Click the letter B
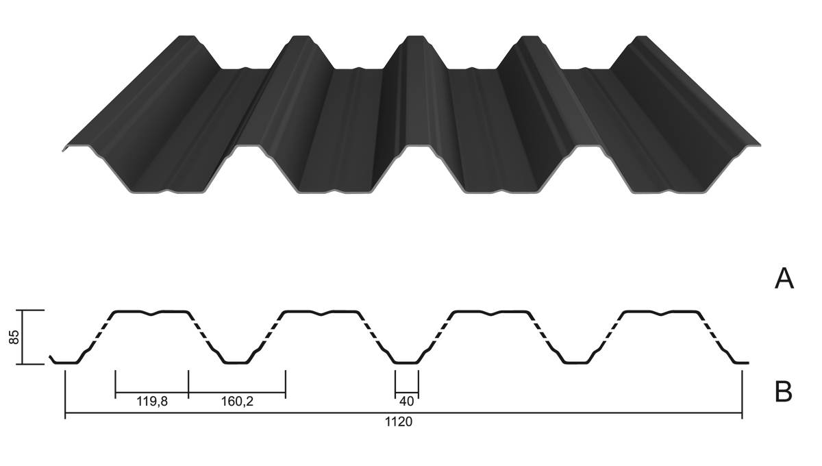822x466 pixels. coord(784,392)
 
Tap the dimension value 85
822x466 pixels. coord(14,337)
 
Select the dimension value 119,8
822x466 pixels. coord(152,402)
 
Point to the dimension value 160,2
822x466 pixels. coord(237,402)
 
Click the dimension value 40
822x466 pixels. coord(407,402)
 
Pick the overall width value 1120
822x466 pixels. coord(399,422)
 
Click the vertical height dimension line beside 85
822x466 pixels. coord(22,337)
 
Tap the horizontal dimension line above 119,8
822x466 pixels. coord(152,393)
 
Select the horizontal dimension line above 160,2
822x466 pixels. coord(237,393)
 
